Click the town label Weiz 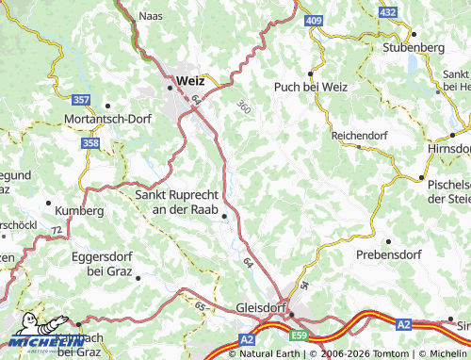192,81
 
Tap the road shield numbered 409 314,19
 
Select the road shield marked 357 81,99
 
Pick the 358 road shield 90,143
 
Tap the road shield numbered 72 57,229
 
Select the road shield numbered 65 201,306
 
